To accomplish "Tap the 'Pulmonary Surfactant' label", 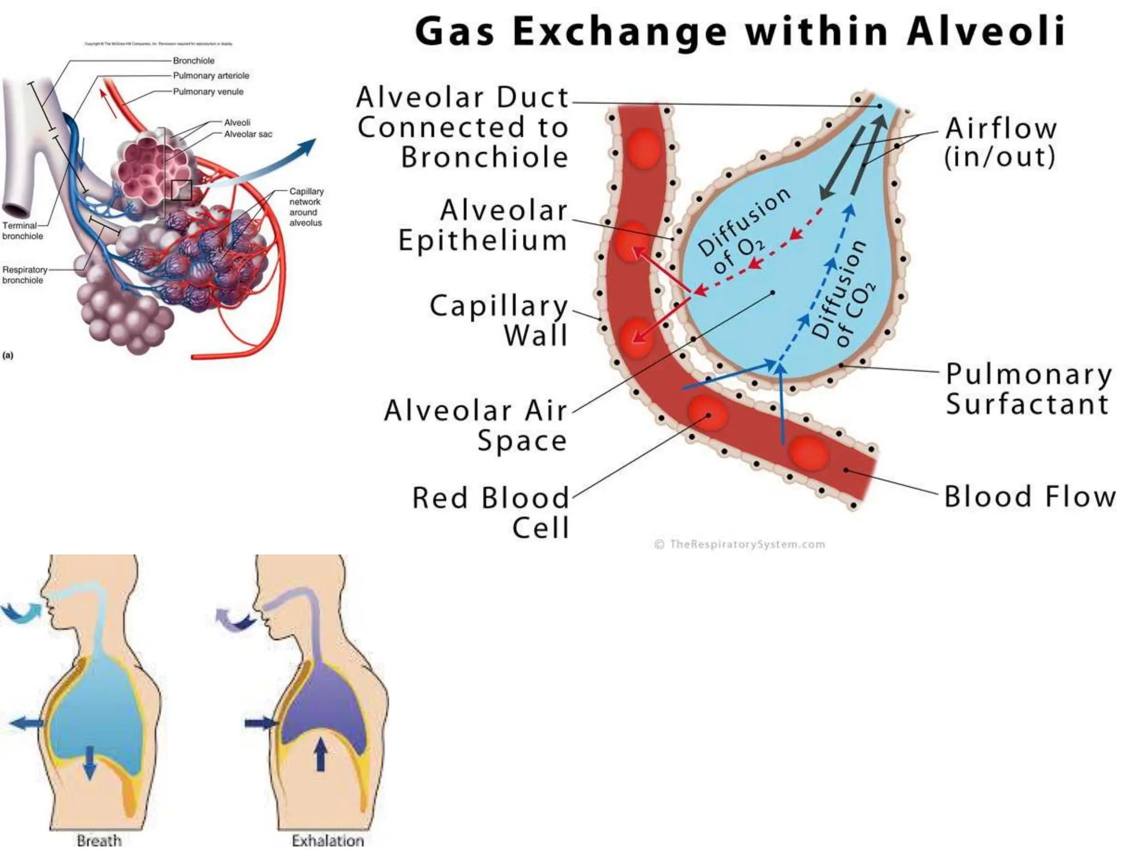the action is click(1028, 388).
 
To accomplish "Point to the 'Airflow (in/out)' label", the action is click(1000, 142).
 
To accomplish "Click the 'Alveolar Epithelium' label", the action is click(483, 225).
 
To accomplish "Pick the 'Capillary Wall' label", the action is click(499, 320).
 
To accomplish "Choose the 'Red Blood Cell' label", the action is click(491, 512).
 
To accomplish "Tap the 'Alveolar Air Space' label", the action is click(476, 425).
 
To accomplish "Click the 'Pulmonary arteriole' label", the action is click(211, 76).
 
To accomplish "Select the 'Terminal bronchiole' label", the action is click(22, 231).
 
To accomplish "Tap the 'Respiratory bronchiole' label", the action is click(24, 275).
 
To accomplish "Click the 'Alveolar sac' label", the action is click(248, 134).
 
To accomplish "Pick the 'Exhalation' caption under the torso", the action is click(328, 841).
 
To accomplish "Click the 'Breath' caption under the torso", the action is click(99, 841).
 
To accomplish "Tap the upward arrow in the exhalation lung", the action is click(320, 755).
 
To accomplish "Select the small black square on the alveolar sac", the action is click(181, 190).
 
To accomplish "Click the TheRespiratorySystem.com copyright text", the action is click(740, 545).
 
